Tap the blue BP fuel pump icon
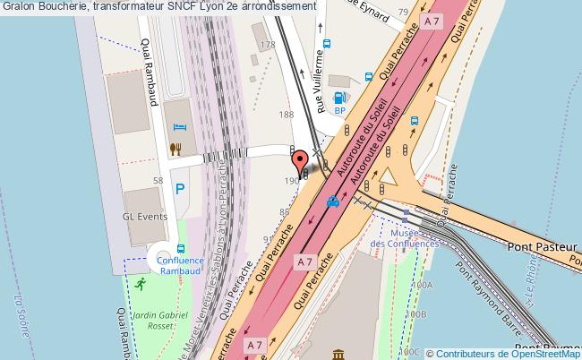pyautogui.click(x=339, y=99)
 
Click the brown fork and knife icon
pyautogui.click(x=178, y=149)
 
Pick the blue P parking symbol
pyautogui.click(x=180, y=190)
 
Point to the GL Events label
pyautogui.click(x=144, y=218)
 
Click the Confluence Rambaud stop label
pyautogui.click(x=179, y=267)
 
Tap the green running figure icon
pyautogui.click(x=141, y=284)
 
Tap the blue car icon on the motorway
pyautogui.click(x=333, y=201)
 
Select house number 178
pyautogui.click(x=266, y=45)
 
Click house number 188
pyautogui.click(x=287, y=115)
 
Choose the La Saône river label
pyautogui.click(x=17, y=313)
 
